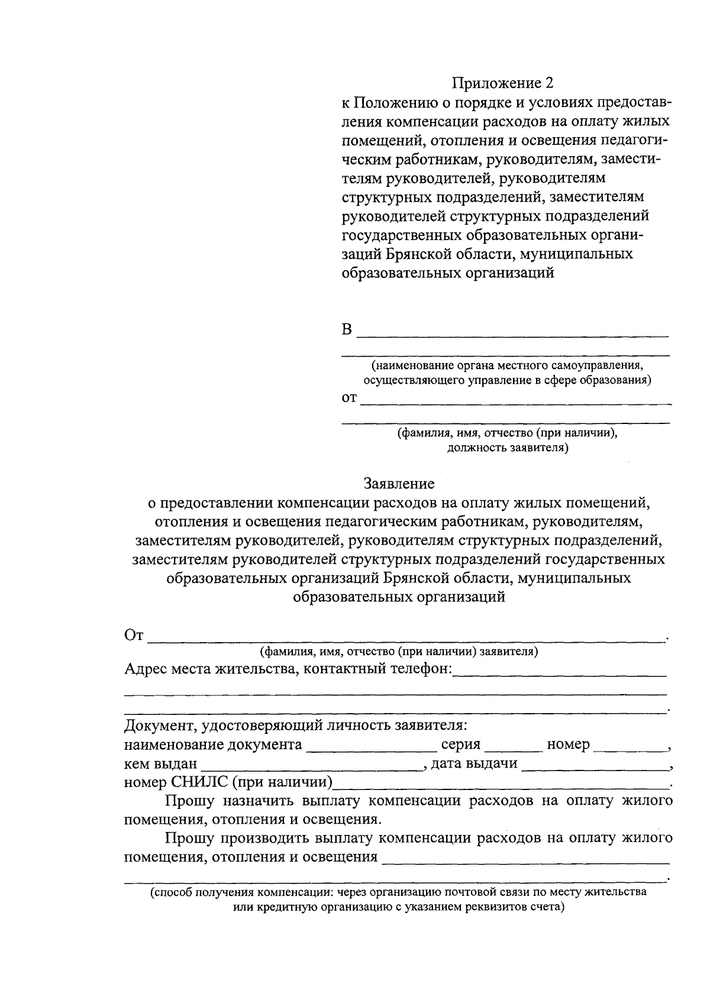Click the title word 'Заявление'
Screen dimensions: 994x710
399,484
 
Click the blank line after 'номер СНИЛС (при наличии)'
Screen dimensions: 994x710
500,784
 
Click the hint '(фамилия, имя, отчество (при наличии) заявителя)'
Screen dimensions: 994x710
398,652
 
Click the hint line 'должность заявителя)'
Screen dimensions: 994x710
507,447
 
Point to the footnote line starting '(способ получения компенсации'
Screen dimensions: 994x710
398,892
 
